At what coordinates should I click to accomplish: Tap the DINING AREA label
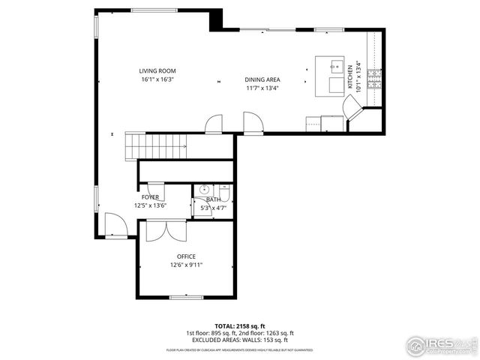262,79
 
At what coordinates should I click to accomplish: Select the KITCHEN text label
350,82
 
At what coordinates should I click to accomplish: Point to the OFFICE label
186,256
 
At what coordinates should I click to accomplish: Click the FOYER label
150,197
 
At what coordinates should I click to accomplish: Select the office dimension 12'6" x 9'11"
186,265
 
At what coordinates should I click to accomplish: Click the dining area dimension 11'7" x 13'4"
262,88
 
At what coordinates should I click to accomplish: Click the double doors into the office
165,230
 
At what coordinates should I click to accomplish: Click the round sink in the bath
202,190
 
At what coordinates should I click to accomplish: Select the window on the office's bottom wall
186,298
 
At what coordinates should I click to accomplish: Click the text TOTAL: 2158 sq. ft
240,326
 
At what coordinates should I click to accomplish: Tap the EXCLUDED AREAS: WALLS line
240,340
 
